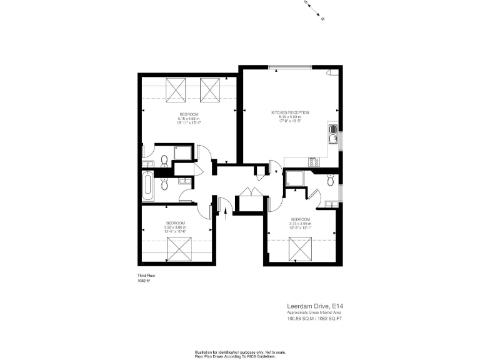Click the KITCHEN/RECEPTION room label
[290, 112]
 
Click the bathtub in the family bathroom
[147, 187]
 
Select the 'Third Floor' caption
[146, 276]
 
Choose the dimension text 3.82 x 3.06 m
[175, 227]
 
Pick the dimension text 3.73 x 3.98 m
[300, 223]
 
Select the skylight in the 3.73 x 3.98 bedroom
[301, 249]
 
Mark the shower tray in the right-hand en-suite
[294, 179]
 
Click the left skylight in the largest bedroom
[175, 90]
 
